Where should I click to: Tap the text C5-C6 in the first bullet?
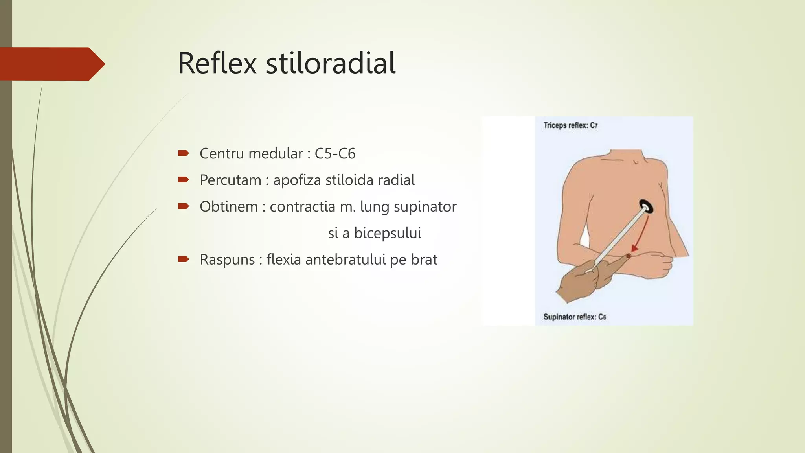(335, 154)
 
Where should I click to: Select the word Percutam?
(230, 180)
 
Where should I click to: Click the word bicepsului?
(388, 233)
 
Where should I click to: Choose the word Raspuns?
(227, 260)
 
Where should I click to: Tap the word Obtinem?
(228, 207)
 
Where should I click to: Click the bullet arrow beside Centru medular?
(184, 153)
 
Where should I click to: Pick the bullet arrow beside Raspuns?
(184, 259)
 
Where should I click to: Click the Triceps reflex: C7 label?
(570, 125)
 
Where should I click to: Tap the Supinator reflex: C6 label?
(574, 317)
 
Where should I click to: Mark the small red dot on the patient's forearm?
(628, 256)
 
